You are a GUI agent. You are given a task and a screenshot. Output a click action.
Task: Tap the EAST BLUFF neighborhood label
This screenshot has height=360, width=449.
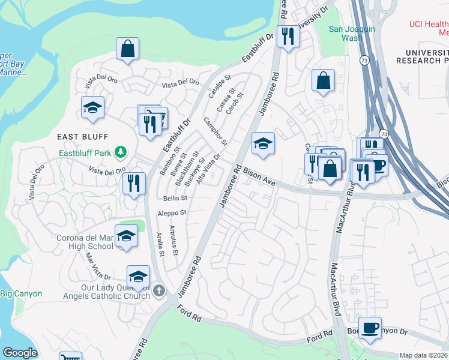click(82, 137)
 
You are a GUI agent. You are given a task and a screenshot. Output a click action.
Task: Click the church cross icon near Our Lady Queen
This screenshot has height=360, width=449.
click(159, 291)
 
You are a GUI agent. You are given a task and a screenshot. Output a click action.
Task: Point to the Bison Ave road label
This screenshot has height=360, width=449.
click(259, 178)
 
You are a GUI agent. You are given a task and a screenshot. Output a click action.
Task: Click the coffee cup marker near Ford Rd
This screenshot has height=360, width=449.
click(370, 327)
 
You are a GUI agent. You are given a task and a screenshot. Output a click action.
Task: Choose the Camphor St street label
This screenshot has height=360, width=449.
click(215, 131)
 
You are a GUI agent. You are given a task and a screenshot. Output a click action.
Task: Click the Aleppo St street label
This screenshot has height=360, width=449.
click(172, 212)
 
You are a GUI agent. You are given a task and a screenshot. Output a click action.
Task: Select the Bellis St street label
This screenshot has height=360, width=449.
click(175, 197)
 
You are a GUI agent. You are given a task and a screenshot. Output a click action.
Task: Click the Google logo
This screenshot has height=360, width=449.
click(20, 353)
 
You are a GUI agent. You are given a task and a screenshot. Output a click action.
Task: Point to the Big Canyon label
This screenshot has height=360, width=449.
click(21, 293)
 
